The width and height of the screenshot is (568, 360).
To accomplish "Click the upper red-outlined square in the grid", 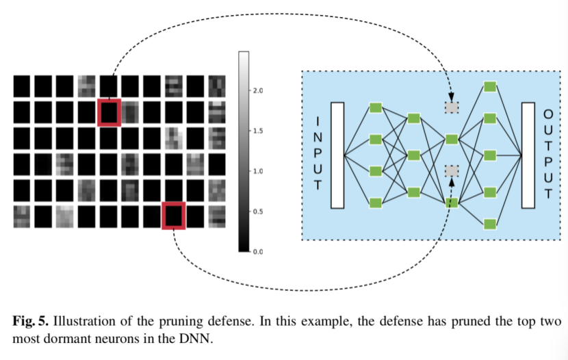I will click(x=109, y=112).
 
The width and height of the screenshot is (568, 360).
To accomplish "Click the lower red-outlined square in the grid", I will click(x=173, y=216).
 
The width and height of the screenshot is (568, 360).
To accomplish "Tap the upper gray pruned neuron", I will click(x=451, y=107).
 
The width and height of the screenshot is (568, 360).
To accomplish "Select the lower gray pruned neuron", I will click(x=451, y=170).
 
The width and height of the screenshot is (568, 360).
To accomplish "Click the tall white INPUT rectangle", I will click(x=337, y=155).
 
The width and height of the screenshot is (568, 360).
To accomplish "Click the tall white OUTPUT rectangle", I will click(x=528, y=155).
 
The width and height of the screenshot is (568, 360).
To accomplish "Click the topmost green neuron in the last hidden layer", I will click(x=489, y=87).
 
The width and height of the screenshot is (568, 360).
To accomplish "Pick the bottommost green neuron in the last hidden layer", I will click(x=489, y=224).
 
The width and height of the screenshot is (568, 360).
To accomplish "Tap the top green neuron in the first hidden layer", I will click(x=375, y=107).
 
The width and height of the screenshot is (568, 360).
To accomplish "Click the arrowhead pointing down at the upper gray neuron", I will click(x=451, y=98).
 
